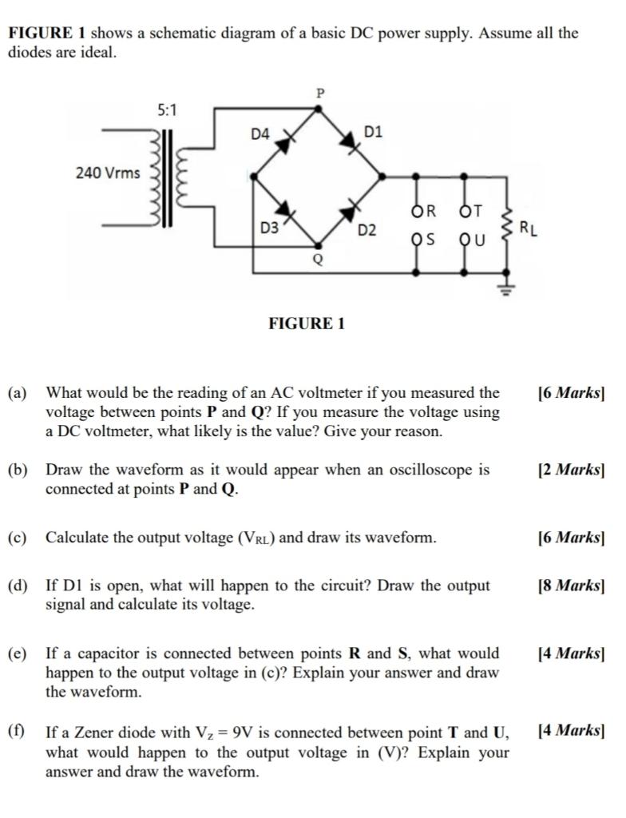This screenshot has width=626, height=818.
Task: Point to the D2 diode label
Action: click(366, 231)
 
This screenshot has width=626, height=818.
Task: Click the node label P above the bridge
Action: click(320, 93)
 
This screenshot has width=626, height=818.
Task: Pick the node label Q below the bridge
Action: click(317, 260)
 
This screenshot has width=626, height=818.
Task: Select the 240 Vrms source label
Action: click(108, 173)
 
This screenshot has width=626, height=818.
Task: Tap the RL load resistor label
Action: click(528, 228)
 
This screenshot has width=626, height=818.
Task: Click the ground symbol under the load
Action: click(505, 288)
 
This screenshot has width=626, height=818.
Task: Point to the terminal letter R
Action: click(430, 212)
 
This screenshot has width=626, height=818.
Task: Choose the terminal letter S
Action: click(430, 240)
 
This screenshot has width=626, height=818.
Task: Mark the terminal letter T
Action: click(477, 212)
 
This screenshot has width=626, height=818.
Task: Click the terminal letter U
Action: click(480, 240)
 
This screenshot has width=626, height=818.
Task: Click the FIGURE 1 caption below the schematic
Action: click(307, 324)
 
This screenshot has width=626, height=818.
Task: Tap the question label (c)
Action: click(18, 538)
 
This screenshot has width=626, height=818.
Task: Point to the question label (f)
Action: click(17, 732)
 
